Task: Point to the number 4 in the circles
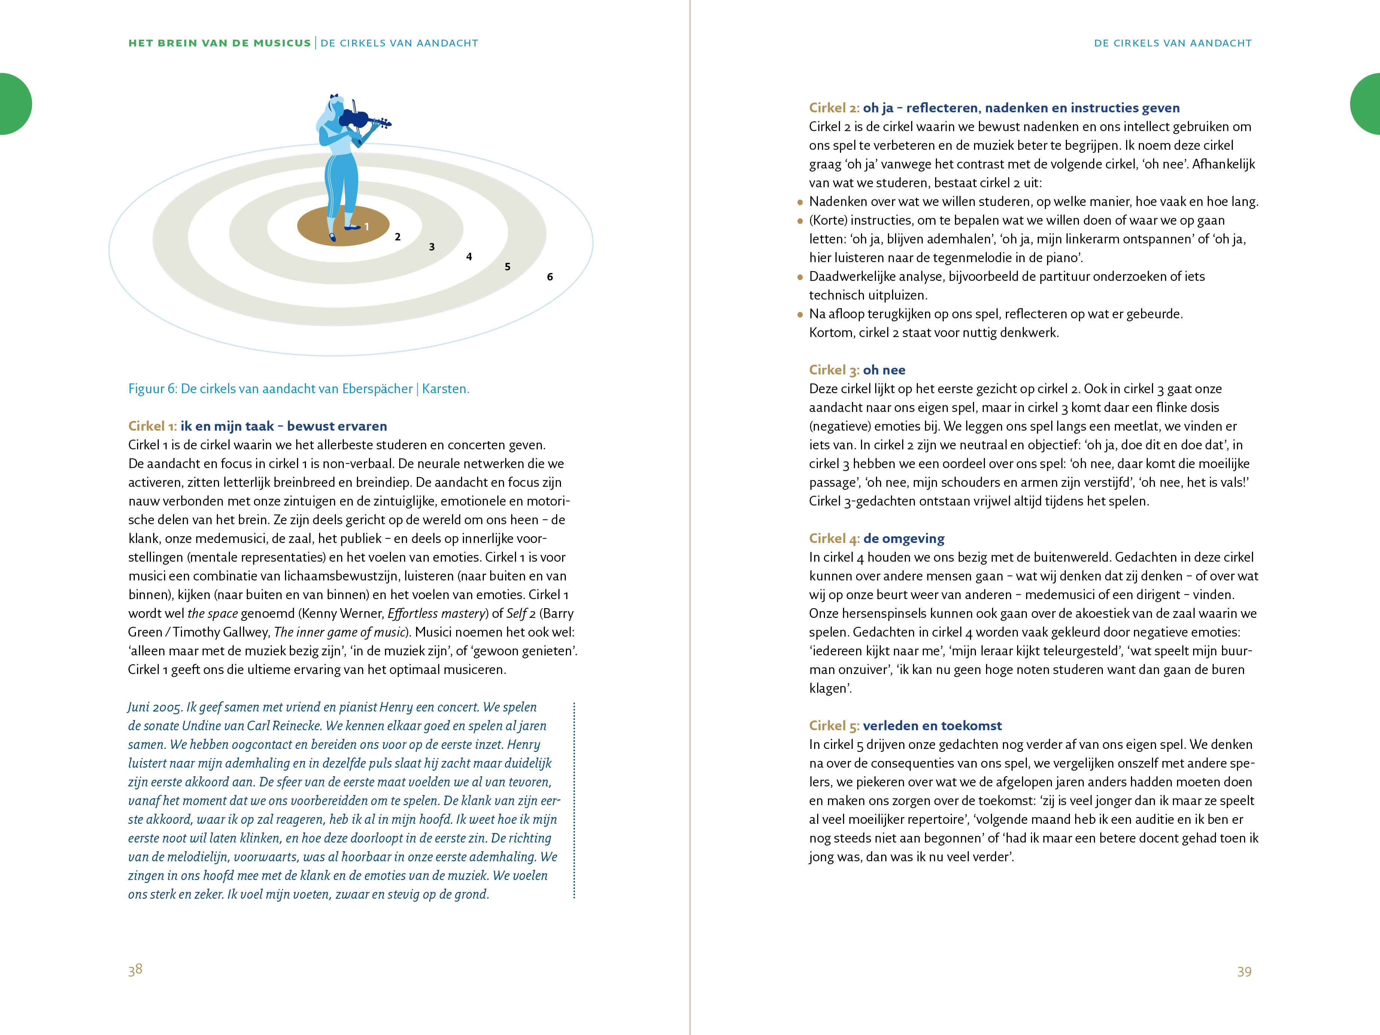coord(469,257)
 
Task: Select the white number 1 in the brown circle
coord(367,227)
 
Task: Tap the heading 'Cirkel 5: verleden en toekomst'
coord(905,726)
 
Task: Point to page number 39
coord(1244,971)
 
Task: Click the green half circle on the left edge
coord(14,104)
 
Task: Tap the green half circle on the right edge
coord(1366,104)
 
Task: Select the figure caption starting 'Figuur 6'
coord(298,389)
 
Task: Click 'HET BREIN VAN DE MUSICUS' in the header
coord(219,43)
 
